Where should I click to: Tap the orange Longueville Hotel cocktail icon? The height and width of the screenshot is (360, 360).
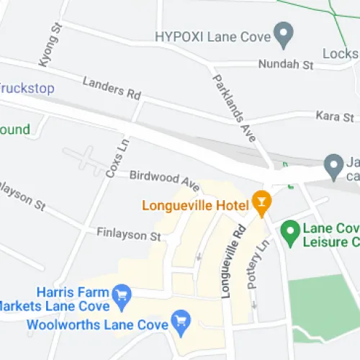coord(261,202)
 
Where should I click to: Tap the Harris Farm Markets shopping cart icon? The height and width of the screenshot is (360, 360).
coord(121,294)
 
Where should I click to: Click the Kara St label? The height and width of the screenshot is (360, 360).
coord(335,116)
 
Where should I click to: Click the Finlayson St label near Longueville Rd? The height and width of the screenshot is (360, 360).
coord(128,235)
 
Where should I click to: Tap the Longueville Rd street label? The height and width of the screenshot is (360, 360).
coord(235,263)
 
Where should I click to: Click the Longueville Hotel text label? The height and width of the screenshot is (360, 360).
coord(194,204)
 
